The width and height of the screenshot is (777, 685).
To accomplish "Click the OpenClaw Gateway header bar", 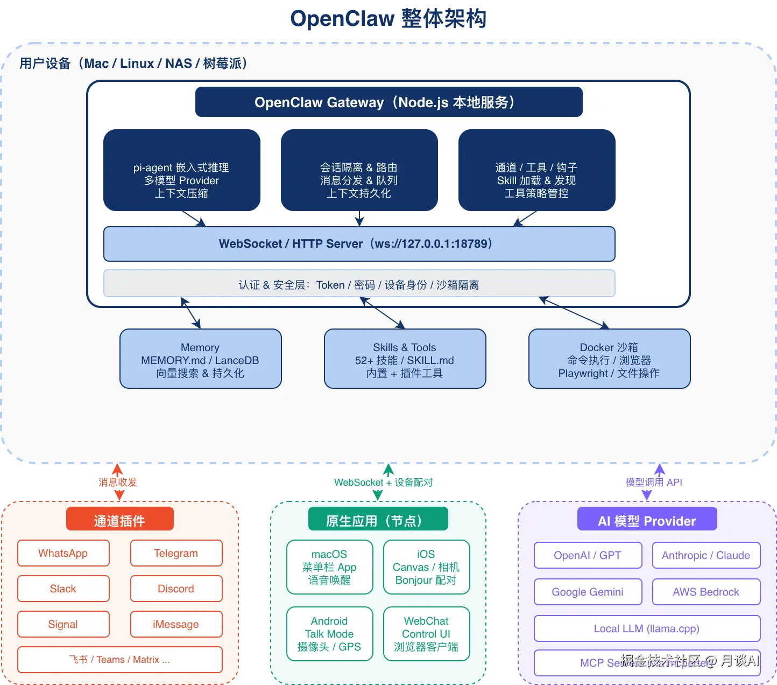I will (x=388, y=102).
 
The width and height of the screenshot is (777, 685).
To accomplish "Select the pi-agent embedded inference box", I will (x=181, y=170).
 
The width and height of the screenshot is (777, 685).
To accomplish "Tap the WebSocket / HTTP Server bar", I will (x=359, y=244).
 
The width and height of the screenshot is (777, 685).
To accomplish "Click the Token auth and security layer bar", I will (x=359, y=284).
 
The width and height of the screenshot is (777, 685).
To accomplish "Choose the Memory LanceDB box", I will (x=200, y=359).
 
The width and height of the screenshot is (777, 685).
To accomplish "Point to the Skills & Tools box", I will (x=405, y=359).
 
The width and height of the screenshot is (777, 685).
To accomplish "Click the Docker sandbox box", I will (x=609, y=359).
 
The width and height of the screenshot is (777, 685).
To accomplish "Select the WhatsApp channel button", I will (x=63, y=553).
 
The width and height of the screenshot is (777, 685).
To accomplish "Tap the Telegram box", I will (x=176, y=553).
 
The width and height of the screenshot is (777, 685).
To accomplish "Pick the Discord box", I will (x=176, y=589).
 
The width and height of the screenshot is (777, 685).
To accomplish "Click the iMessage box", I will (x=176, y=624).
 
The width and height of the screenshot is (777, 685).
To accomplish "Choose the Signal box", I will (x=63, y=624).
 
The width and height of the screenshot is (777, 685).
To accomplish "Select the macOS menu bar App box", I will (x=329, y=567).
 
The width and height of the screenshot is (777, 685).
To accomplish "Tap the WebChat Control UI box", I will (x=426, y=634).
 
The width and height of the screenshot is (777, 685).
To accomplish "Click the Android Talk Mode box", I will (x=329, y=634).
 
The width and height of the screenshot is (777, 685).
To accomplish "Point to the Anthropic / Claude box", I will (x=706, y=555).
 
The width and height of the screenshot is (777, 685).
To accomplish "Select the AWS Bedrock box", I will (x=706, y=592).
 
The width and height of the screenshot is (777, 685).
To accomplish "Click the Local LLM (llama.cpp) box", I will (x=647, y=628).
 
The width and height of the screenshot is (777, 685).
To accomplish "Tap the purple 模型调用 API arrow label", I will (x=654, y=483).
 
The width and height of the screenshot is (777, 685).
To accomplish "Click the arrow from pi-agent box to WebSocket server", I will (x=194, y=219).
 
